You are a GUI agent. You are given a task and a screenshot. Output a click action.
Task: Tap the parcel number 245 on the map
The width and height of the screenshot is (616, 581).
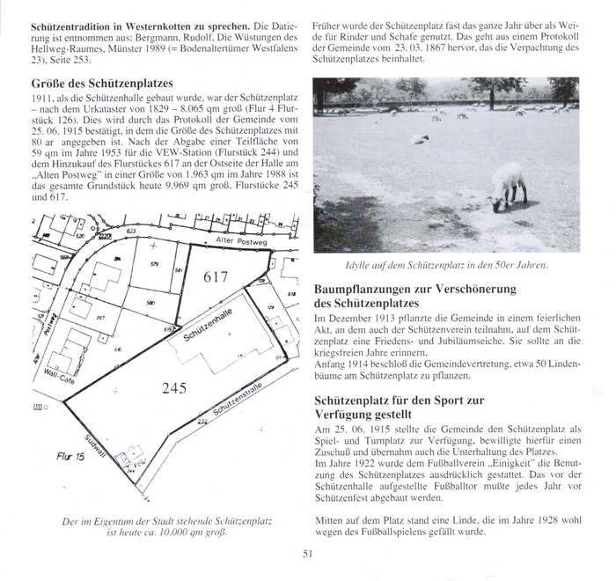click(173, 386)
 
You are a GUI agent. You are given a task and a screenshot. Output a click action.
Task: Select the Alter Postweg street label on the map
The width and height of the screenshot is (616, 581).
click(238, 239)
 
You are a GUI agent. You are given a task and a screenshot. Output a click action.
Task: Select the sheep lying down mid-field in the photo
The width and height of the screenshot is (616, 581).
click(420, 139)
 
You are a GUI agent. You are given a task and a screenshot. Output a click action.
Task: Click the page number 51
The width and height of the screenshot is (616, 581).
click(307, 552)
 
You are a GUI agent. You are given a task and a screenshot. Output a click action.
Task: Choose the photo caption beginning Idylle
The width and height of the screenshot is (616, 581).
click(448, 264)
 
